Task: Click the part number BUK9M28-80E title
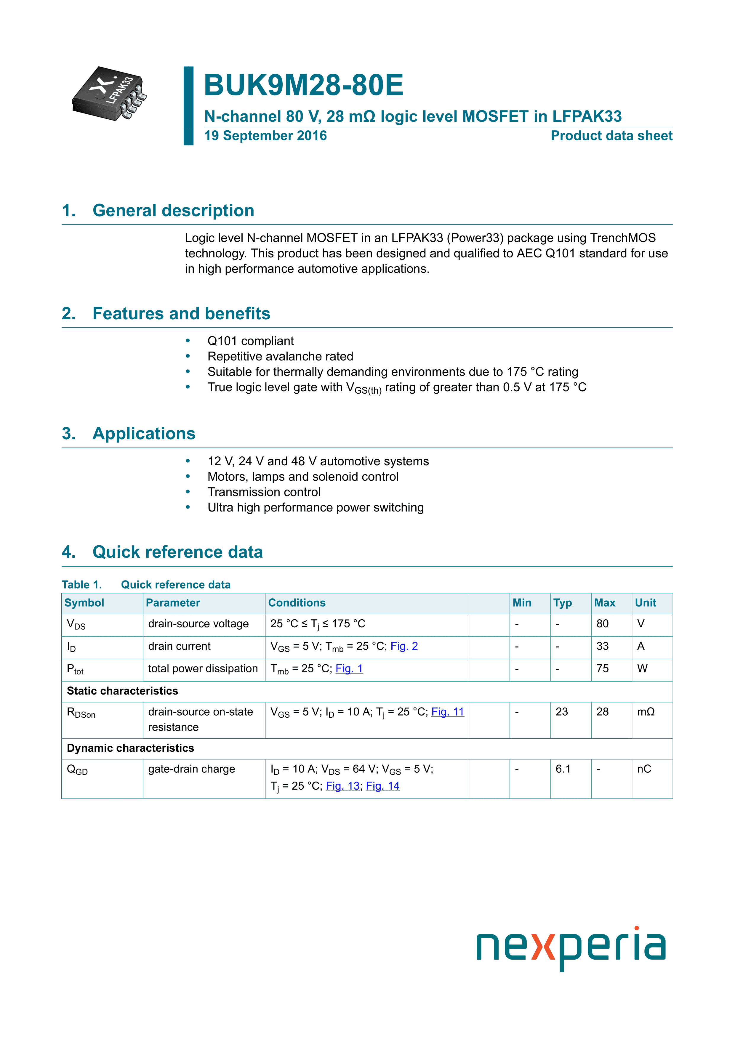tap(303, 85)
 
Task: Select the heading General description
tap(173, 211)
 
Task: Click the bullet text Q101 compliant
tap(250, 341)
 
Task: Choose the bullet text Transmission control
tap(264, 492)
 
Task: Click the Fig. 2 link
tap(404, 646)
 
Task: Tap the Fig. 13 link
tap(342, 786)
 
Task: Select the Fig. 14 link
tap(382, 786)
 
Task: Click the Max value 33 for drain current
tap(602, 646)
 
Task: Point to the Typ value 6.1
tap(563, 769)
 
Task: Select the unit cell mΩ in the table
tap(646, 712)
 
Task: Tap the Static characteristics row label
tap(122, 691)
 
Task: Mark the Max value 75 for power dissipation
tap(602, 669)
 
